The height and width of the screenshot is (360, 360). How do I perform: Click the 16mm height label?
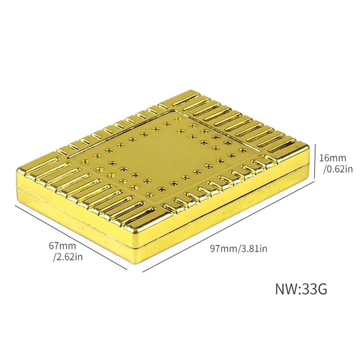point(333,158)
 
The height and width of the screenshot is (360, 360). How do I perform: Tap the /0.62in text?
point(338,169)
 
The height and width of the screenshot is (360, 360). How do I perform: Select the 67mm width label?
point(63,246)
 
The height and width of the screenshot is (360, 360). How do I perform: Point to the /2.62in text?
point(68,257)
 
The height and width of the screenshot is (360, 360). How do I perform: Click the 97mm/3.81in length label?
point(238,248)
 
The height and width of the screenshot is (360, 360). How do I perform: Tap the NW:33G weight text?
point(301,289)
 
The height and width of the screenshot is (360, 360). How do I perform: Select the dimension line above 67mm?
point(71,238)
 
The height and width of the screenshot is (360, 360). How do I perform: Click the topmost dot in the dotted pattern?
point(177,119)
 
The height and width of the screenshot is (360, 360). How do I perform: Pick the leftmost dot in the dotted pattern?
point(85,162)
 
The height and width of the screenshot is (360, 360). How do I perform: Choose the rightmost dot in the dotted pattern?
point(242,150)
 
